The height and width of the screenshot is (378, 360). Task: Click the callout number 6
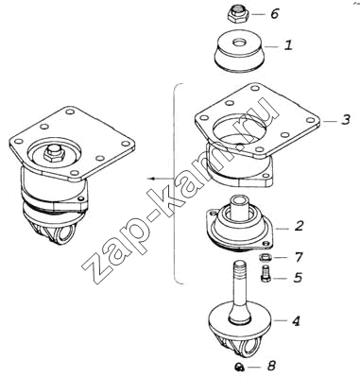(x=274, y=14)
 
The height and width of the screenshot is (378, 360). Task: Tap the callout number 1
(x=288, y=44)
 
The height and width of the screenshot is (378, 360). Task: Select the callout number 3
(x=346, y=120)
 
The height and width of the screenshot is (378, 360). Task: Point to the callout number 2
(x=299, y=226)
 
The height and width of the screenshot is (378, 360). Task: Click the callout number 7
(x=299, y=257)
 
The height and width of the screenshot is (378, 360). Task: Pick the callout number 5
(x=298, y=278)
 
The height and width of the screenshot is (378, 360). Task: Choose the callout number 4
(x=296, y=321)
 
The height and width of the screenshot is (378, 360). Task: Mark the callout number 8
(x=271, y=366)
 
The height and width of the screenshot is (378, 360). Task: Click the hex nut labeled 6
(x=238, y=14)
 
